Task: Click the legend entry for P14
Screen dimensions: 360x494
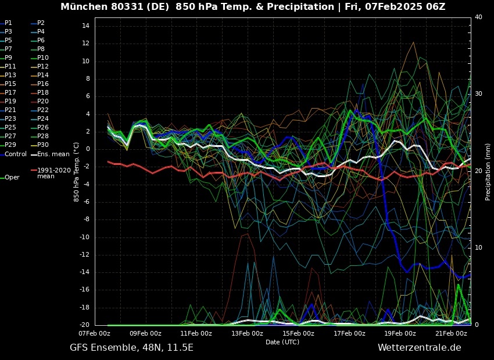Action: point(43,75)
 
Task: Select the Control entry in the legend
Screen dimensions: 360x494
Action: point(16,154)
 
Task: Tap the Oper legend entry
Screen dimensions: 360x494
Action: point(12,177)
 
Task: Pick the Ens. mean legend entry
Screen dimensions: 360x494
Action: point(53,154)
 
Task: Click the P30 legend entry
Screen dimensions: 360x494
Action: point(43,145)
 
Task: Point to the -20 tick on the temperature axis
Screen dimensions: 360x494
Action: point(84,325)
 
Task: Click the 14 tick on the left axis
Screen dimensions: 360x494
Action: point(85,26)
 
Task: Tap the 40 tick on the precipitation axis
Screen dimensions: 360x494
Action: point(478,17)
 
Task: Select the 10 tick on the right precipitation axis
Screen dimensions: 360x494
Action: point(478,248)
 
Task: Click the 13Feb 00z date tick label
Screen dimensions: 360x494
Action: point(247,334)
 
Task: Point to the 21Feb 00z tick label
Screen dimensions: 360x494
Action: point(452,334)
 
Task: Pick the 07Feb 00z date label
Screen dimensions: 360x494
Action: point(94,334)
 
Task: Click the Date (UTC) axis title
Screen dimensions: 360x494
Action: point(282,342)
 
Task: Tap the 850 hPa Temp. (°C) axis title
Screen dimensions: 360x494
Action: point(76,172)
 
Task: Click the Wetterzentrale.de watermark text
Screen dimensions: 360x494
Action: point(419,348)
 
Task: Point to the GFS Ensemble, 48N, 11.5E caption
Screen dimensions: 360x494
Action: point(131,348)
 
